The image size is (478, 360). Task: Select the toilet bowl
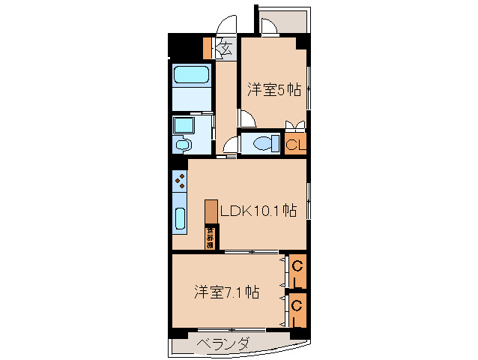pos(264,143)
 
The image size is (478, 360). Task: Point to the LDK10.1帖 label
pos(257,211)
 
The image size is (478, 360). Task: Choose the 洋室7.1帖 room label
pos(228,291)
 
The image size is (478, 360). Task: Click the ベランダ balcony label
pos(223,344)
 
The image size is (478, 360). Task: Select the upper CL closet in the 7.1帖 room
pos(297,273)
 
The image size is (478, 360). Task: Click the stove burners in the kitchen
pos(180,181)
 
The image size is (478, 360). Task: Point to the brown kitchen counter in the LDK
pos(211,211)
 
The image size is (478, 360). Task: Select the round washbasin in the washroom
pos(181,144)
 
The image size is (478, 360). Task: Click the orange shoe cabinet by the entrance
pos(207,48)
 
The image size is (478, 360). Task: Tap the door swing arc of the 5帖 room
pos(246,118)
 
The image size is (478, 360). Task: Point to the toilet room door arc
pos(230,145)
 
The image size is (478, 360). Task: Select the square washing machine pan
pos(183,124)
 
